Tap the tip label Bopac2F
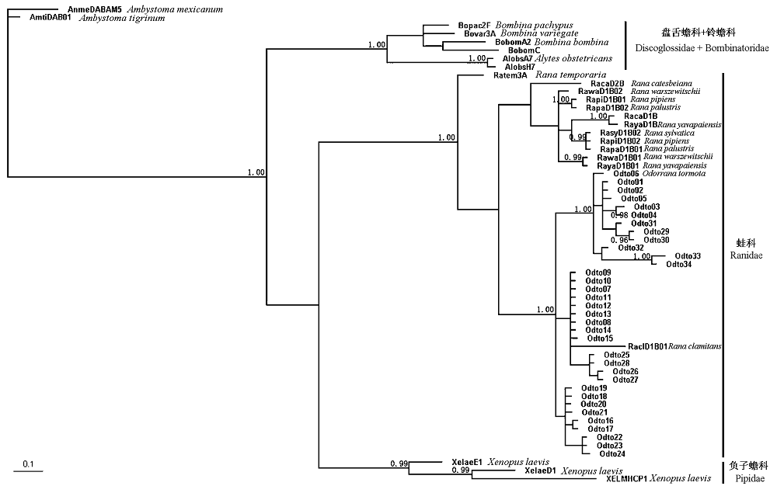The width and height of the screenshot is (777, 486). coord(475,26)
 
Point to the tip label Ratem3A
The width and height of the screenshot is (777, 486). coord(510,75)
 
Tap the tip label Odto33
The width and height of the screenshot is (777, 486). coord(688,256)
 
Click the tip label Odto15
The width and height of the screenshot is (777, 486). coord(600,338)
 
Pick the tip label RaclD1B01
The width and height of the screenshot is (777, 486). coord(648,346)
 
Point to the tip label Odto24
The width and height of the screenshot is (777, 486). coord(612,454)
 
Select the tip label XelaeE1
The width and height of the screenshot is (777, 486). coord(467,463)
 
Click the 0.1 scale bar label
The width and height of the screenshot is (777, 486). coord(28,464)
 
